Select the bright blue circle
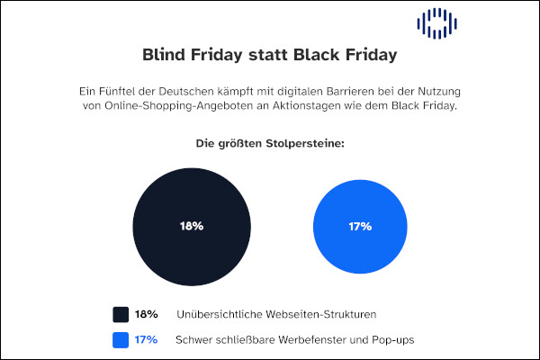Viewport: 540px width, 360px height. pyautogui.click(x=359, y=226)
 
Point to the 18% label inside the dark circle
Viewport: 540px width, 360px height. pyautogui.click(x=191, y=226)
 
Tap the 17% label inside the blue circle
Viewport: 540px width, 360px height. pyautogui.click(x=359, y=226)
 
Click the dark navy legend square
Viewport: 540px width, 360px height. pyautogui.click(x=121, y=314)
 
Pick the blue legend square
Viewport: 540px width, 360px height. pyautogui.click(x=121, y=339)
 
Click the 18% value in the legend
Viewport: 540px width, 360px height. pyautogui.click(x=146, y=314)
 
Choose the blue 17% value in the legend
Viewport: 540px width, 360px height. pyautogui.click(x=146, y=339)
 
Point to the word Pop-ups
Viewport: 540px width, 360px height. pyautogui.click(x=391, y=339)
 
